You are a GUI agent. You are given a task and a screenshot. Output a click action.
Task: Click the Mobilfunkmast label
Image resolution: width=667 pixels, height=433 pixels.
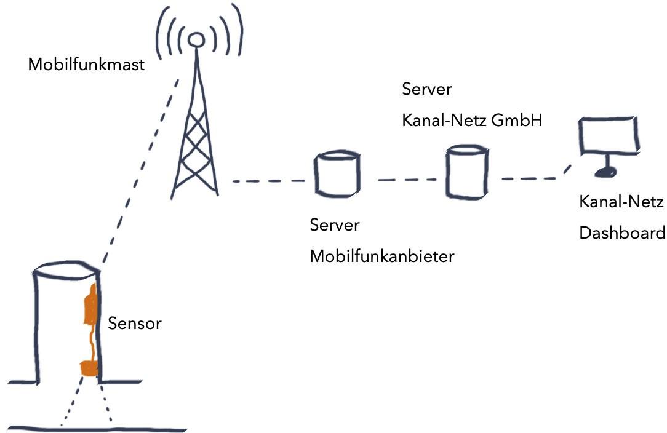(86, 64)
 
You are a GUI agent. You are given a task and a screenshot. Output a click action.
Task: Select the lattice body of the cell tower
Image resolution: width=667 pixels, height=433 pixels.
(195, 141)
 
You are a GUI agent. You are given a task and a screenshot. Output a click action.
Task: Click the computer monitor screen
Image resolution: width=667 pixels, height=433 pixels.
(609, 135)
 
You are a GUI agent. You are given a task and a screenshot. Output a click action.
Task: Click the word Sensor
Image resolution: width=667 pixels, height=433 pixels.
(134, 324)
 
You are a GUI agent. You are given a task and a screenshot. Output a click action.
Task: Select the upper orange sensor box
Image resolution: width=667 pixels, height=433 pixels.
(90, 306)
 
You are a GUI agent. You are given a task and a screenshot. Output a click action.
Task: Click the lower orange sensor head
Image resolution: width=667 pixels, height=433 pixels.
(89, 368)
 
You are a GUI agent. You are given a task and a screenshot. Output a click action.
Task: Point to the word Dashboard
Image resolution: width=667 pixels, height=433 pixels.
(622, 233)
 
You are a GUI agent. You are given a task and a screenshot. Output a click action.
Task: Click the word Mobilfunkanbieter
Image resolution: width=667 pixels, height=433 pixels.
(381, 256)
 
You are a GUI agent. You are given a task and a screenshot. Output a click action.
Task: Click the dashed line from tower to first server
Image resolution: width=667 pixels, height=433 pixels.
(268, 181)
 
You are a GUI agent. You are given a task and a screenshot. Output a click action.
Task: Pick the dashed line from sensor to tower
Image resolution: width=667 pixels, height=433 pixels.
(140, 172)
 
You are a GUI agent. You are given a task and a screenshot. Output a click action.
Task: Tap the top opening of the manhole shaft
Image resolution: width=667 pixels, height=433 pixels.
(65, 269)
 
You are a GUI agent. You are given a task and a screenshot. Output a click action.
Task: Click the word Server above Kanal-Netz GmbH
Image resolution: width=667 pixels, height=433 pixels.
(426, 89)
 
